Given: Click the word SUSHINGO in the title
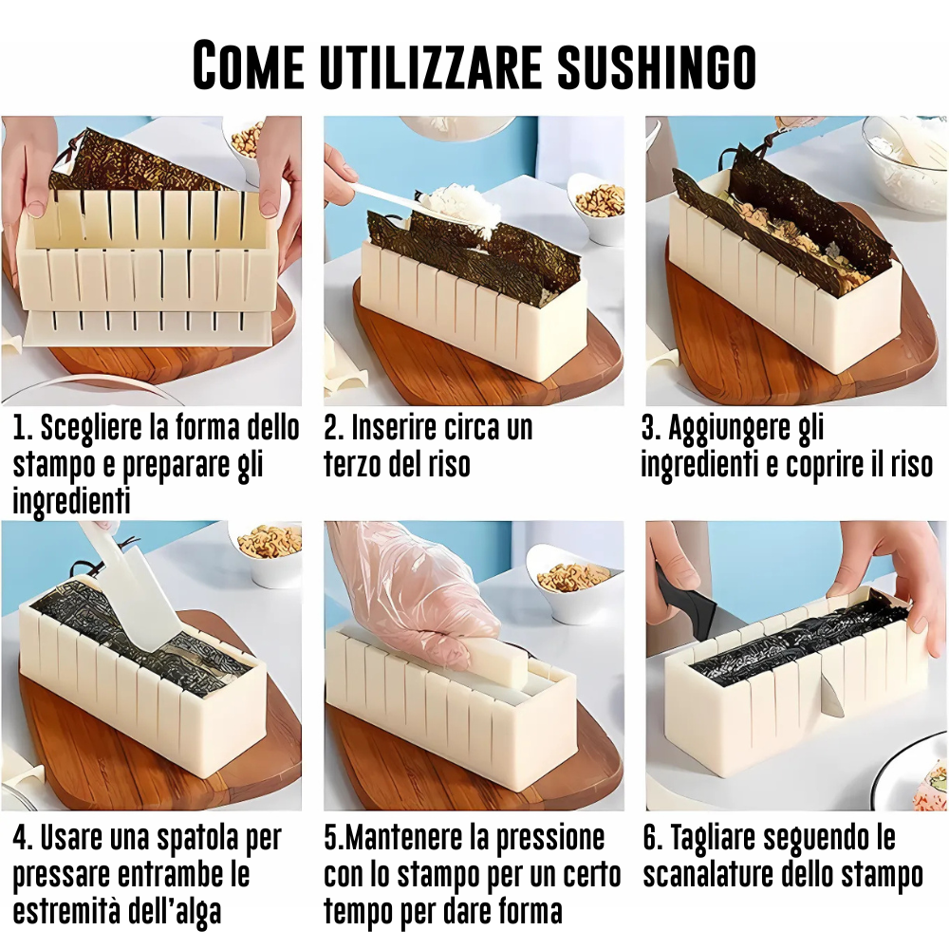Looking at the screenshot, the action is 656,65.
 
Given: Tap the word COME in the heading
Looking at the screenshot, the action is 248,65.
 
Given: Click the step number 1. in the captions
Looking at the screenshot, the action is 23,428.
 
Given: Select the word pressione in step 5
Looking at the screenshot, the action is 549,838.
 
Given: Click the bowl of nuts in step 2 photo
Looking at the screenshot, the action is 598,209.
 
